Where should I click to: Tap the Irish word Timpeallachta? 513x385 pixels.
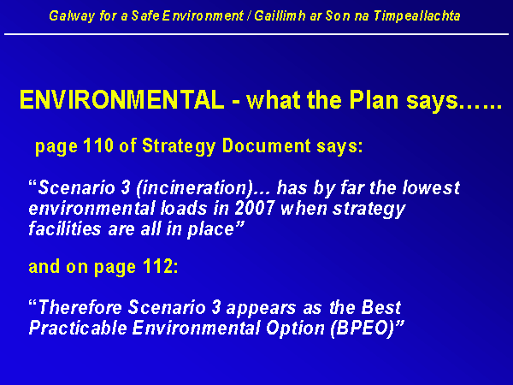point(417,16)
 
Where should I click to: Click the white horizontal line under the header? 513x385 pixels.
point(256,33)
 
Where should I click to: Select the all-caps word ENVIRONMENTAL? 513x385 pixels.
point(121,99)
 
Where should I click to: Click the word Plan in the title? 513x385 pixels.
point(374,100)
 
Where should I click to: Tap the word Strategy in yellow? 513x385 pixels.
point(179,146)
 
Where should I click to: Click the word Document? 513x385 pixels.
point(266,145)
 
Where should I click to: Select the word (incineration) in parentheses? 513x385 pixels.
point(194,188)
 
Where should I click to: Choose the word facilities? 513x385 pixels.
point(65,228)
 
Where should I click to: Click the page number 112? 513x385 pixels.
point(158,266)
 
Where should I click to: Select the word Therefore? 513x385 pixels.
point(80,307)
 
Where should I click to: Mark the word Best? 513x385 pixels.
point(380,307)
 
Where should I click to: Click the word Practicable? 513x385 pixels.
point(78,328)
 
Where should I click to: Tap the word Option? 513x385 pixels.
point(295,328)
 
